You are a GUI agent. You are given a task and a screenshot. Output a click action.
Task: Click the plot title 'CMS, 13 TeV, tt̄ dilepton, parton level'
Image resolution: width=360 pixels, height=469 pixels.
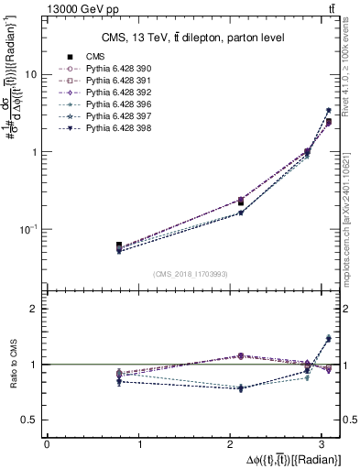pyautogui.click(x=192, y=37)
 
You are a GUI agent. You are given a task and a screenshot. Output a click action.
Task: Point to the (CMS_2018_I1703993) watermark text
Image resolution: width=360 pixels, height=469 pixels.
pyautogui.click(x=191, y=274)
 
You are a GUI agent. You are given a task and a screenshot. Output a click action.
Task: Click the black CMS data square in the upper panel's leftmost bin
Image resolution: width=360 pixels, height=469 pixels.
pyautogui.click(x=119, y=245)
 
